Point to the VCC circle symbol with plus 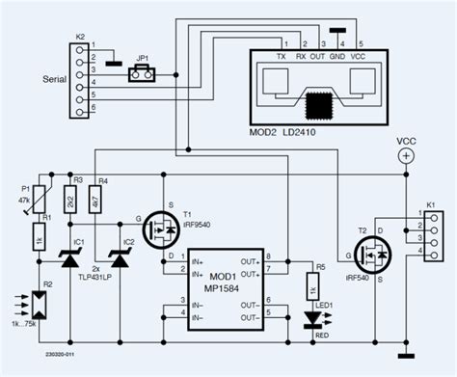tap(407, 154)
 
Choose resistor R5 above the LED tap(311, 285)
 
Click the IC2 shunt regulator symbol tap(120, 256)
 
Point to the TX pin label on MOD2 tap(281, 57)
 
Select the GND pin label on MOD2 tap(336, 57)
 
